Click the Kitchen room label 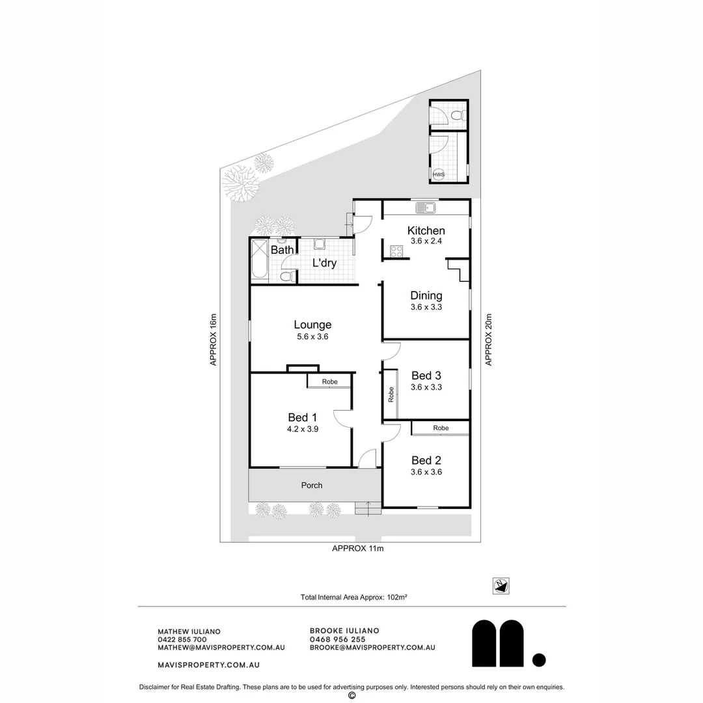[426, 230]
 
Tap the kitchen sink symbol [426, 208]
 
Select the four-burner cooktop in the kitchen [395, 251]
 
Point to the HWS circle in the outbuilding [439, 174]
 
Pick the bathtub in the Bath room [259, 260]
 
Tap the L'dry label [324, 264]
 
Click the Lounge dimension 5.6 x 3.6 [312, 337]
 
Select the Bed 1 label [303, 417]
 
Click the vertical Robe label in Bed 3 [391, 394]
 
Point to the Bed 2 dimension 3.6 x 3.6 [426, 472]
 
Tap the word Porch [312, 485]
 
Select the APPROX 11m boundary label [358, 549]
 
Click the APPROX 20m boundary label [488, 339]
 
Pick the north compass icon [501, 586]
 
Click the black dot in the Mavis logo [539, 660]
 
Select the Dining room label [426, 296]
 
